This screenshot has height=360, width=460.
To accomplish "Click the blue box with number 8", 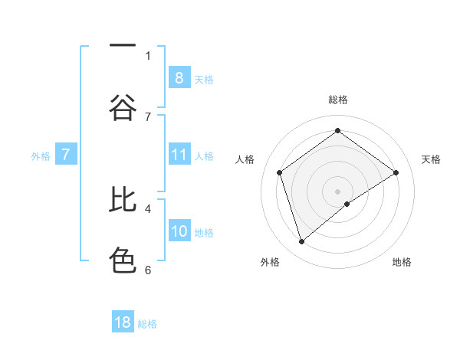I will (179, 78).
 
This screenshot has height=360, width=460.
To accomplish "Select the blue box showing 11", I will (179, 155).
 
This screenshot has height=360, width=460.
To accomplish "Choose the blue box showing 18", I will (123, 322).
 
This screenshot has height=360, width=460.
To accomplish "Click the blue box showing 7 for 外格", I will (66, 155).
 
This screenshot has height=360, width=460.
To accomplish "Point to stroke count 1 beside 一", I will (148, 55).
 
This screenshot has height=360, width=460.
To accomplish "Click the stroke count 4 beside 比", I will (148, 208).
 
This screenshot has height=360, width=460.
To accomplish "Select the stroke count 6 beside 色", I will (148, 269).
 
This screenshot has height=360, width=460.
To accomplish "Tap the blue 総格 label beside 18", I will (147, 324).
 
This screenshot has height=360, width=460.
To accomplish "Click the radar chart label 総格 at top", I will (337, 100).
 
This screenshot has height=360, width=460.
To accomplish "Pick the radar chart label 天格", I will (431, 159).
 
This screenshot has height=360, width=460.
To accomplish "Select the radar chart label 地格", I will (402, 262).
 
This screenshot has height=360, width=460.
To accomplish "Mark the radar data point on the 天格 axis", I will (396, 172).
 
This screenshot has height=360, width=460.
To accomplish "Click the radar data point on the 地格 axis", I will (347, 204).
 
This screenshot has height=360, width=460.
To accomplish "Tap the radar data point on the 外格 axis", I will (301, 242).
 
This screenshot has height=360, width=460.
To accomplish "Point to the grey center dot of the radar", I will (337, 191).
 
